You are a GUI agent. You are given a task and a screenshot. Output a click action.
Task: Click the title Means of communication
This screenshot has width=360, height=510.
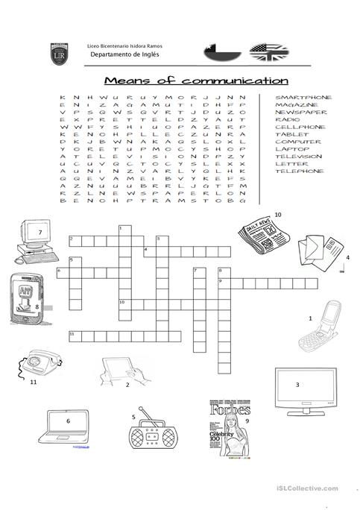196,80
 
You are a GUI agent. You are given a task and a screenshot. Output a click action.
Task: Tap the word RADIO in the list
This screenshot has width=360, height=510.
287,119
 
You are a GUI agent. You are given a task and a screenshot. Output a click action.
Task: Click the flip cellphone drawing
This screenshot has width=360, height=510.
320,329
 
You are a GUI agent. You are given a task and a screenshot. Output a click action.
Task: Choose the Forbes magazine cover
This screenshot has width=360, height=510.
230,429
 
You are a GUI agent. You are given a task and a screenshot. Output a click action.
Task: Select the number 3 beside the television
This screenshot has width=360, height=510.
297,384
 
